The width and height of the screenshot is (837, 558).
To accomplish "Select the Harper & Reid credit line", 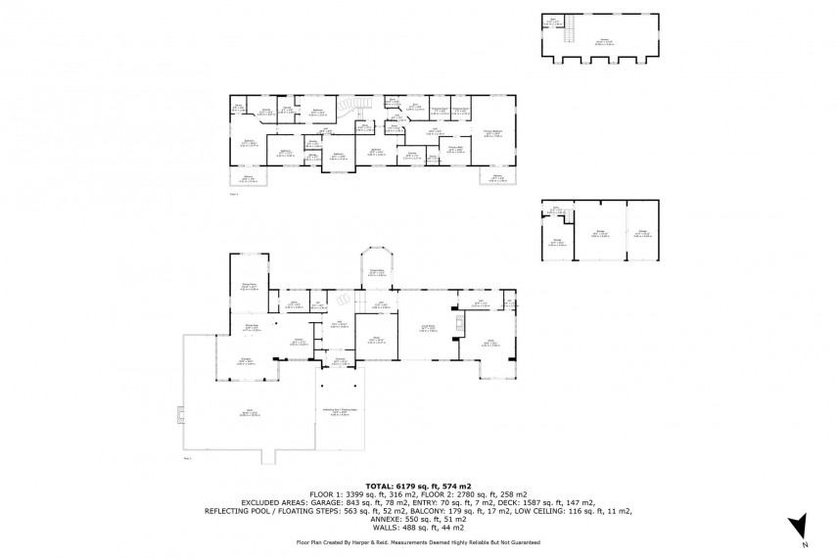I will (418, 541).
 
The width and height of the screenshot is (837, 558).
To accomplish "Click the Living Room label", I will (428, 330).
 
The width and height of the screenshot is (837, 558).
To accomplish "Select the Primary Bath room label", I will (455, 149).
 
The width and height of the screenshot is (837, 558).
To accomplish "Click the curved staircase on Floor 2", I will (349, 106).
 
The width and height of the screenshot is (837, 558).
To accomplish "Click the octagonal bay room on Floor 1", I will (375, 264).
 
